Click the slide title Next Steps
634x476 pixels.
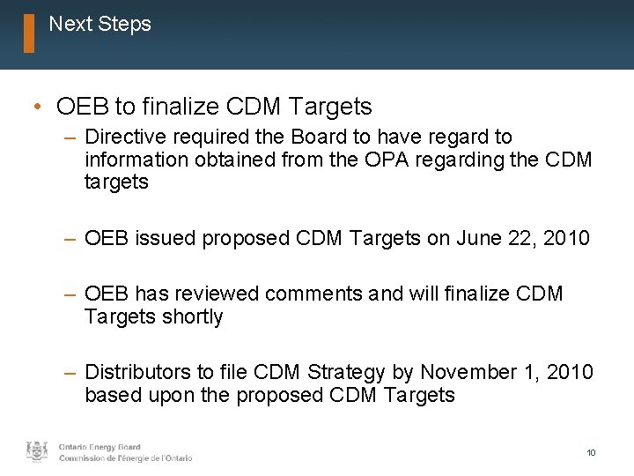[100, 24]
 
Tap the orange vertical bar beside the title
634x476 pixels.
[29, 33]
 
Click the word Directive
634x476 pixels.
[125, 138]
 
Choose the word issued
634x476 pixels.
[167, 237]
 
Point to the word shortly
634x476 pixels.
[191, 316]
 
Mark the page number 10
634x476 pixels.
[592, 452]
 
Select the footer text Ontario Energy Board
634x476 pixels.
[100, 447]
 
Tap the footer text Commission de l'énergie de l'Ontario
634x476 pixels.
[125, 458]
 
